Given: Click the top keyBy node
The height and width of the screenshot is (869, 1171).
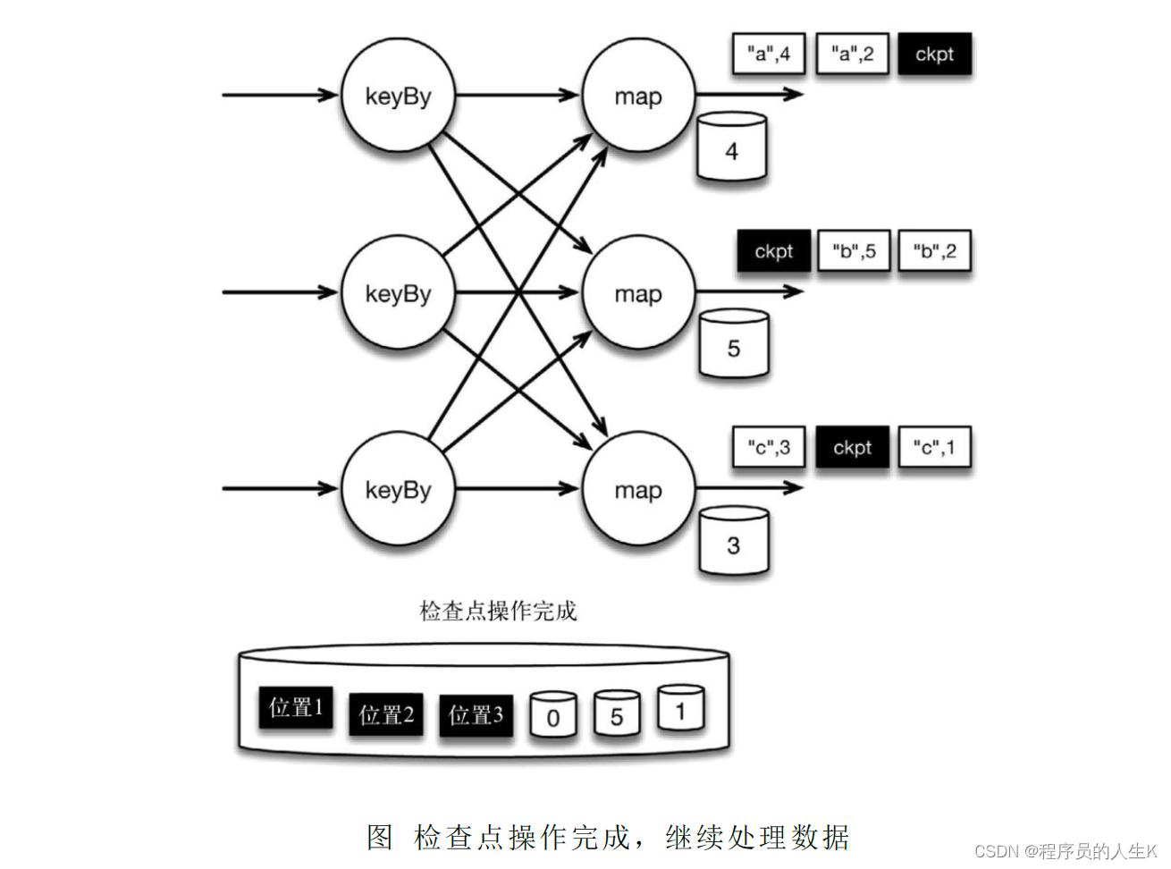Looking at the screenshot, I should point(398,96).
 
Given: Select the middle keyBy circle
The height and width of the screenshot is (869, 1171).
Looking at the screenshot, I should point(398,292).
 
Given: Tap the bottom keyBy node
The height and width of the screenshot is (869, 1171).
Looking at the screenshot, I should point(398,489).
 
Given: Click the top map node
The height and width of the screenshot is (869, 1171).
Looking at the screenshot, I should point(638,96).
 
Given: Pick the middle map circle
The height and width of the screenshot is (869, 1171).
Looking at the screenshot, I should point(638,292).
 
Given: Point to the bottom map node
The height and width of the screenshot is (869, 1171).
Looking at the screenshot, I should point(638,489).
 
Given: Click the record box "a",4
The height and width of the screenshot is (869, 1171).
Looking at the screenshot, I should point(768,54).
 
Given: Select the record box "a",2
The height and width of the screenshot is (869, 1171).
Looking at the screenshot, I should point(852,54).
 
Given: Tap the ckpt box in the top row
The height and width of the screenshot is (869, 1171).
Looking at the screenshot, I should point(934,54).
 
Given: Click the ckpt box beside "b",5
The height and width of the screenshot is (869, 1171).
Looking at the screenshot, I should point(773,251).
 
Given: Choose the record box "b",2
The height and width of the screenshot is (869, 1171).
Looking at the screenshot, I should point(934,251).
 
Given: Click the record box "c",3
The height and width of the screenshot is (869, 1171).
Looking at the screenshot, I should point(768,447).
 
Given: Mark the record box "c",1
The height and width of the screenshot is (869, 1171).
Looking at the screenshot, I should point(934,447).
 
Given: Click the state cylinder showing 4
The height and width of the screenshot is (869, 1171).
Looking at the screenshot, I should point(731,148).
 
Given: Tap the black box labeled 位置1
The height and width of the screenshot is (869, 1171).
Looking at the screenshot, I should point(295,708).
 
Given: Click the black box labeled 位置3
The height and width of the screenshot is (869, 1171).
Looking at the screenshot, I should point(476,715).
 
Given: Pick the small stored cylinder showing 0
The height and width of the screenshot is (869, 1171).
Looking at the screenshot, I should point(552,715).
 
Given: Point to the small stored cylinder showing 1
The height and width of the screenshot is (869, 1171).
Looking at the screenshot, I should point(680,709).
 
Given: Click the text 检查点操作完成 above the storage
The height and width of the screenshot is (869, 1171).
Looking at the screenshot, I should point(498,611).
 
